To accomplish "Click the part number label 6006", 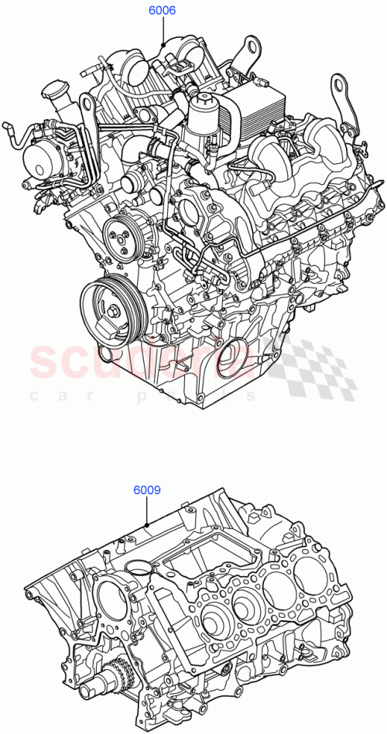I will click(x=163, y=12).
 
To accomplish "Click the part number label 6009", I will click(x=146, y=489).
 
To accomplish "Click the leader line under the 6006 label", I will click(x=163, y=31).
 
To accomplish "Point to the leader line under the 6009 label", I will click(x=147, y=510).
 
